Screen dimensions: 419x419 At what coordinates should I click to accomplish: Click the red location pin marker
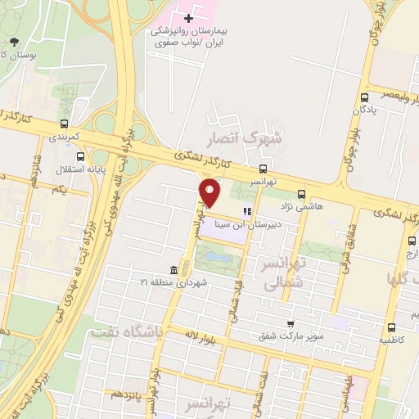click(210, 193)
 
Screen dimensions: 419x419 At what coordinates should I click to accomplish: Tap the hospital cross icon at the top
click(189, 16)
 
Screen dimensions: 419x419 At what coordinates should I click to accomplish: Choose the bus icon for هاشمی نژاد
click(302, 195)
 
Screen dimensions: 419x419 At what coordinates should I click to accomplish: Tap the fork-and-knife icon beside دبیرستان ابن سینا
click(247, 209)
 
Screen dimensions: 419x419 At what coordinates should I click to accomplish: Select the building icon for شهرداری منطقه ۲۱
click(173, 270)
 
